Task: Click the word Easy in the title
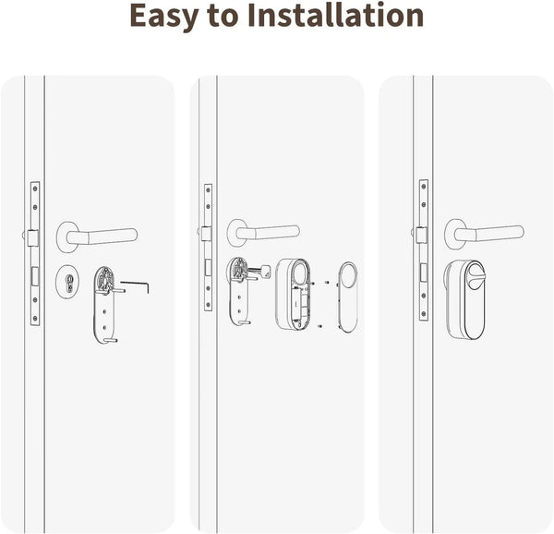[x=163, y=16]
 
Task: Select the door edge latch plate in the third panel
[x=423, y=249]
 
